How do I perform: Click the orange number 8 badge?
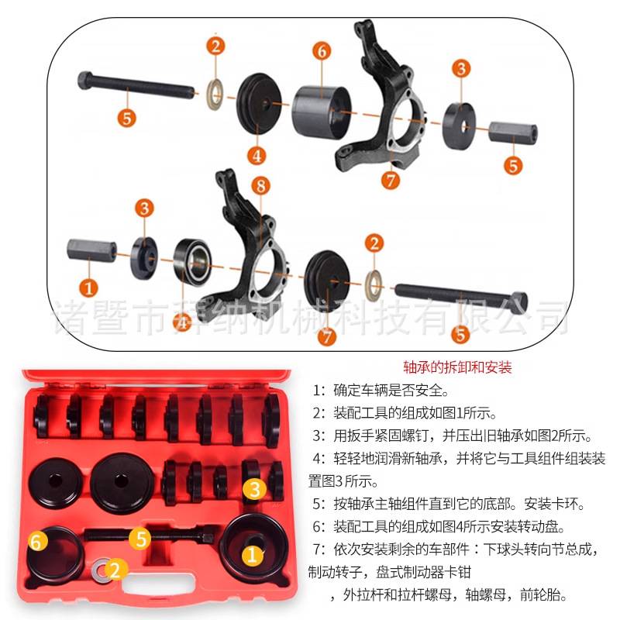(x=261, y=185)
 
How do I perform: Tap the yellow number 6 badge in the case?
(x=36, y=541)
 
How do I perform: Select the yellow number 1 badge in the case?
(x=252, y=554)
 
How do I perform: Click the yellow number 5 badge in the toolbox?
(x=139, y=537)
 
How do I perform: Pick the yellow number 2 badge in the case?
(x=115, y=572)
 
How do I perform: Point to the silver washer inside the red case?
(x=99, y=572)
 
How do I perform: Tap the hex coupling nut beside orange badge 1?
(x=91, y=251)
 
